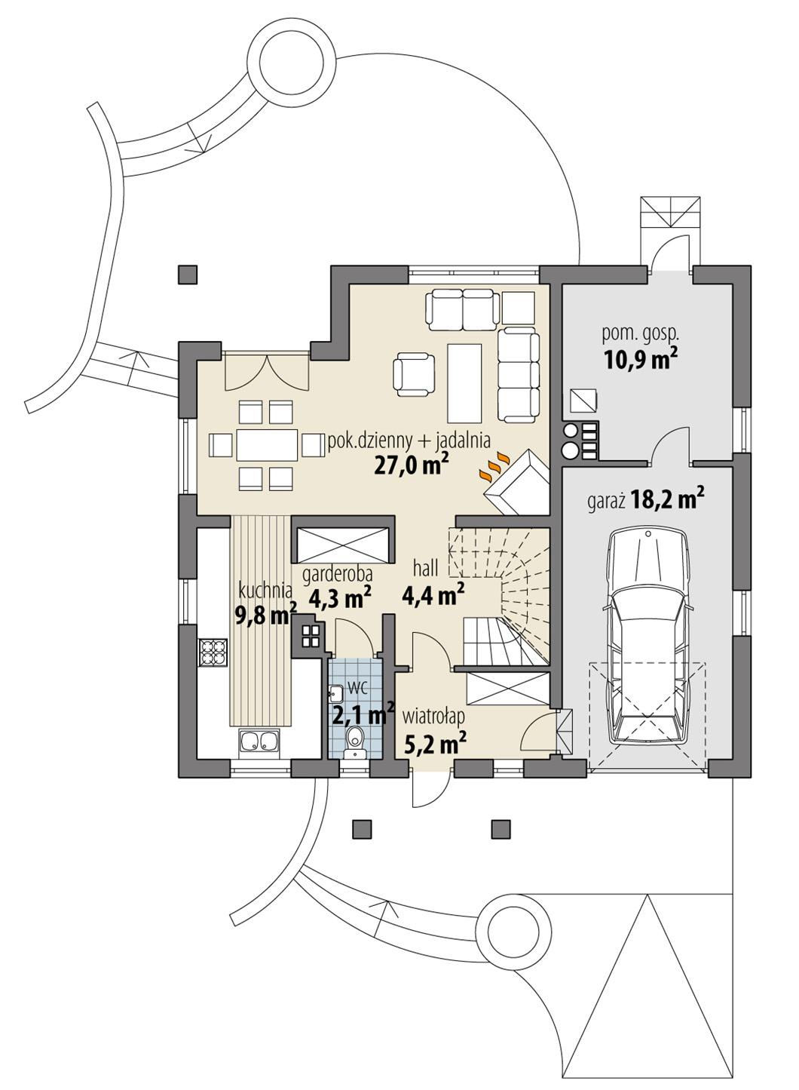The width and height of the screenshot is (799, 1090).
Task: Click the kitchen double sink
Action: pos(259,743)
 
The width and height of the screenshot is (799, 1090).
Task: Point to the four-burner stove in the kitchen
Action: pos(212,652)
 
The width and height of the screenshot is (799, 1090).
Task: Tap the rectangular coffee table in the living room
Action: pos(464,383)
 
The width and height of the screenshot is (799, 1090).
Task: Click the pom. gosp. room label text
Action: pos(641,332)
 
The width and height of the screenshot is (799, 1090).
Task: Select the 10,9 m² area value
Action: pos(639,360)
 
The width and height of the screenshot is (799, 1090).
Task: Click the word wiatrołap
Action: pos(433,714)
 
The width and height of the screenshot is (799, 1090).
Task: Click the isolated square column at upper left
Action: pos(188,275)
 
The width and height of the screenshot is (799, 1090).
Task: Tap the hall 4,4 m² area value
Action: pos(433,596)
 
